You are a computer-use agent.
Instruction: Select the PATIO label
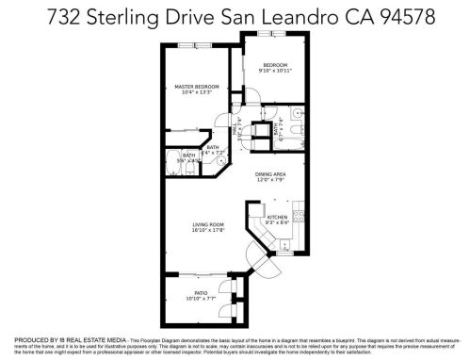click(x=201, y=292)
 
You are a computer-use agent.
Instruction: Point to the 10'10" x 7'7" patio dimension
click(x=201, y=299)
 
